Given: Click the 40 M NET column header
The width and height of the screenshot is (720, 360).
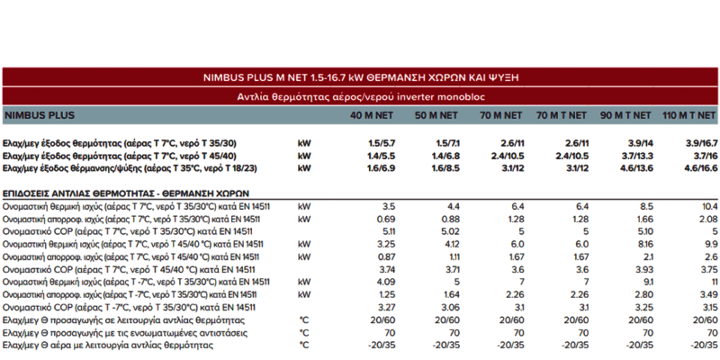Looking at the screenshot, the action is (x=372, y=115).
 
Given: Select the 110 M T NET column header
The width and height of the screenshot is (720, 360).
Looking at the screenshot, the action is (x=688, y=115).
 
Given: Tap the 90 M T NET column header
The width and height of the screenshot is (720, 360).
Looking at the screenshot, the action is (x=625, y=115).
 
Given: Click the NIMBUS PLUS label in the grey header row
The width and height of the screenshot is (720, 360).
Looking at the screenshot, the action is (x=39, y=115).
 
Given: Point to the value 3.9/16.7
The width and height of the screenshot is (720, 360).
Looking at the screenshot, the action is (x=701, y=143).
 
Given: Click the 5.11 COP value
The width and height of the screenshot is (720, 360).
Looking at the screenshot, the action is (x=388, y=232).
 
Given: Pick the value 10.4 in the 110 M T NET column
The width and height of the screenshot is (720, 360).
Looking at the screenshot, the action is (x=709, y=207).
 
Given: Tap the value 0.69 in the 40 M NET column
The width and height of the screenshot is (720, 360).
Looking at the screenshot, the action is (x=387, y=219).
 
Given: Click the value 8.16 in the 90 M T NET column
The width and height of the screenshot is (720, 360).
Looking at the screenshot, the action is (x=644, y=244).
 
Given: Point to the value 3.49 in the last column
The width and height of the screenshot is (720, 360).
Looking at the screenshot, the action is (x=709, y=295).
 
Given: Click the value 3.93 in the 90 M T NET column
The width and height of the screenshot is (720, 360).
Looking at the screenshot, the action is (x=644, y=269).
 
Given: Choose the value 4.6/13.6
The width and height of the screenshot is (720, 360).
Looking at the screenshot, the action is (x=636, y=168).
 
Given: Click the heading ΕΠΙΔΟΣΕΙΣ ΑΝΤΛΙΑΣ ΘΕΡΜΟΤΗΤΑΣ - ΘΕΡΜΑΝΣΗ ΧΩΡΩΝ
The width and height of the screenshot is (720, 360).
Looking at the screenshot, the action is (x=126, y=193).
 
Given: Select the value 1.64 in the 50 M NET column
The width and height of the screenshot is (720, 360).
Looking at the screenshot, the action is (x=452, y=295).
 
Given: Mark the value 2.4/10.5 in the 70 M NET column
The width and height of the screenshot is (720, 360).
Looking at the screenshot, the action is (x=508, y=156).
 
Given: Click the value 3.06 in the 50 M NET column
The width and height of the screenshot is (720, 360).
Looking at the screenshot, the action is (x=451, y=308).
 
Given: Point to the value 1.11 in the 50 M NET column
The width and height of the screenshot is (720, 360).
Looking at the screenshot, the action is (x=453, y=257).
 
